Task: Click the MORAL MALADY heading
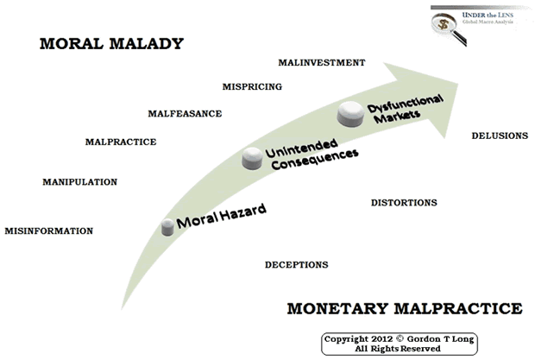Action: (x=111, y=44)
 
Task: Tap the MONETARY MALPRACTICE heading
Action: (x=405, y=308)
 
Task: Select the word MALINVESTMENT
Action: (x=322, y=63)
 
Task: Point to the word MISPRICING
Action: (x=252, y=86)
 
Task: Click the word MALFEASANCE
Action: (x=185, y=114)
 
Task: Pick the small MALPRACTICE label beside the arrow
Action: (x=121, y=142)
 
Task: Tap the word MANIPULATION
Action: (x=80, y=182)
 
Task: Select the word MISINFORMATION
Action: (x=49, y=231)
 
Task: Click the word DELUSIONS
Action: (x=500, y=136)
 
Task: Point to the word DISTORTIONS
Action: (x=404, y=203)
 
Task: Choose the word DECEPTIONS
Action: (x=297, y=265)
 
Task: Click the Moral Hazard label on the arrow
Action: (x=221, y=216)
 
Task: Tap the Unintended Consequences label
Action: (x=312, y=154)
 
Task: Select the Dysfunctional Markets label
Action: (x=405, y=109)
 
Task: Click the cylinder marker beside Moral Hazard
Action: (x=167, y=227)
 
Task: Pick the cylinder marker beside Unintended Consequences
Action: (x=253, y=158)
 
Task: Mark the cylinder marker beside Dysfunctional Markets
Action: (x=350, y=114)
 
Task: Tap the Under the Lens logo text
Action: (x=488, y=18)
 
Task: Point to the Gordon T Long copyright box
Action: (x=400, y=344)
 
